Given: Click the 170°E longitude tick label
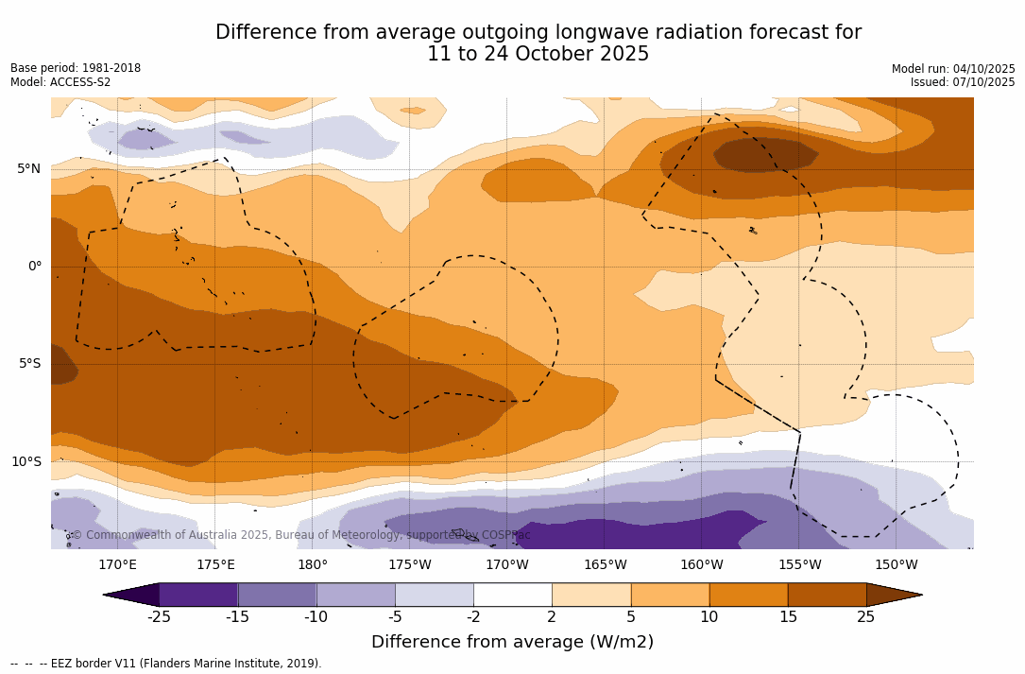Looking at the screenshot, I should (117, 565).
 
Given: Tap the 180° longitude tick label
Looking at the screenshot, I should (312, 565).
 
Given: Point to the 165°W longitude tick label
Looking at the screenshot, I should (605, 565).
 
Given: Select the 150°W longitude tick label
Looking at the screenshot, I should (896, 565).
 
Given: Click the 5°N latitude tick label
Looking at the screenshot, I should (28, 169).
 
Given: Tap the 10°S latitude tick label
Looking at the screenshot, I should (26, 462).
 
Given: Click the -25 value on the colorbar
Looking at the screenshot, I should (159, 617).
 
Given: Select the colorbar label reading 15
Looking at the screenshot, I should (787, 617).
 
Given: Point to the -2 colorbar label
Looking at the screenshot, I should (473, 617).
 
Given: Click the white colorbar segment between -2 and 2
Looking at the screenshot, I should (512, 595).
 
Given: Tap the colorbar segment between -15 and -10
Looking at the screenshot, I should (277, 595).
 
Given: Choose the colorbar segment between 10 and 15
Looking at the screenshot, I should (747, 595).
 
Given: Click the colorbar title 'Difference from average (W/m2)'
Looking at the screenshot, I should (512, 643).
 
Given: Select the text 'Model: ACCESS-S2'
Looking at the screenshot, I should (60, 82).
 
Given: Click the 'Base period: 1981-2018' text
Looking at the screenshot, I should (76, 68).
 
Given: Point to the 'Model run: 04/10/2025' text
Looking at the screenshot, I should (953, 69).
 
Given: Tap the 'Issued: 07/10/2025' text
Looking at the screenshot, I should (963, 82).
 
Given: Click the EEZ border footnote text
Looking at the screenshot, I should (166, 664).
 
